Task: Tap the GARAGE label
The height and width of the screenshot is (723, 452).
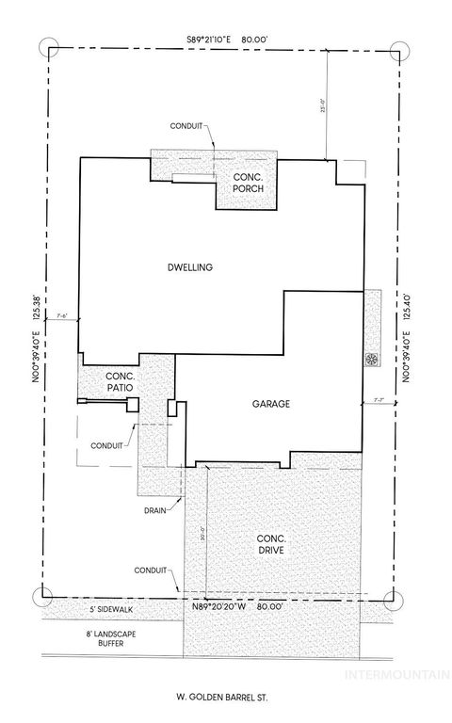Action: (x=269, y=404)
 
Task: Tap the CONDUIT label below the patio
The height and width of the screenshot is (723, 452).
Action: (x=105, y=445)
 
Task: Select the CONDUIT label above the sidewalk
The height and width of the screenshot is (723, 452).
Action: (x=150, y=570)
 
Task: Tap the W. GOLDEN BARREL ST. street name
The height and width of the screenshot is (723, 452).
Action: (x=223, y=698)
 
